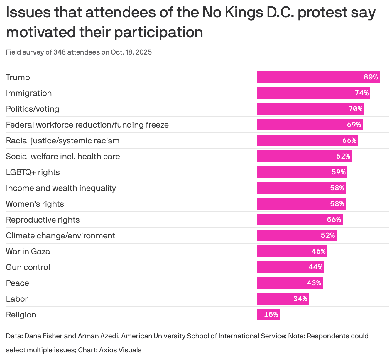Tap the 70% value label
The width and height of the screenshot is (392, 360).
point(356,109)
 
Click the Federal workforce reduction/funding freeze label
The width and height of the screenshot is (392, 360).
point(87,125)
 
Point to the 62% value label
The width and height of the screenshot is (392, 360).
point(343,156)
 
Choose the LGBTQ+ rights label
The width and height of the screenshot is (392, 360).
point(33,172)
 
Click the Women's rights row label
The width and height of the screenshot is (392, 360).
point(35,204)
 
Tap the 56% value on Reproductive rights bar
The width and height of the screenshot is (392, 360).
point(334,220)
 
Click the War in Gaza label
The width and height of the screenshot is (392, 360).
point(28,251)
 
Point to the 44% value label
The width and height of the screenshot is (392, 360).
point(316,267)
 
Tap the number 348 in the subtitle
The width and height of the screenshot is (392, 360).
point(60,52)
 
